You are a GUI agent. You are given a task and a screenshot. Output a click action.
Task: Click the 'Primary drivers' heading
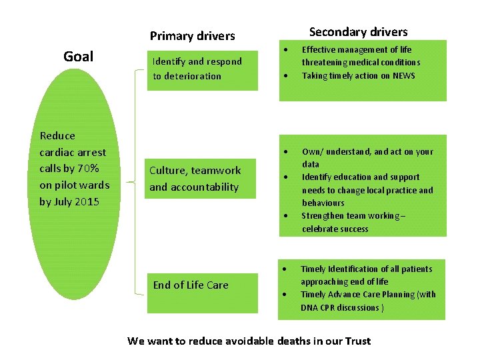pyautogui.click(x=192, y=36)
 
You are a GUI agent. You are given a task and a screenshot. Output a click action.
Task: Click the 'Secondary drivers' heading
pyautogui.click(x=358, y=32)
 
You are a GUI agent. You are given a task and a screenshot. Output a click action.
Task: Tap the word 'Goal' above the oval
pyautogui.click(x=78, y=57)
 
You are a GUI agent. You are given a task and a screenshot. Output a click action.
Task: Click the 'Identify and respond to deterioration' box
pyautogui.click(x=202, y=69)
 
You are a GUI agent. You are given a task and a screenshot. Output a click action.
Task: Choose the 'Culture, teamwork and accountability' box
pyautogui.click(x=202, y=179)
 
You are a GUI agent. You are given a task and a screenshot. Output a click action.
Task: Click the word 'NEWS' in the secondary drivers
pyautogui.click(x=404, y=75)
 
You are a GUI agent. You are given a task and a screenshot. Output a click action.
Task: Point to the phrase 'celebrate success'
pyautogui.click(x=335, y=229)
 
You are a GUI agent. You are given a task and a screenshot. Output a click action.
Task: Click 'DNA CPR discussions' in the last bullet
pyautogui.click(x=341, y=307)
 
